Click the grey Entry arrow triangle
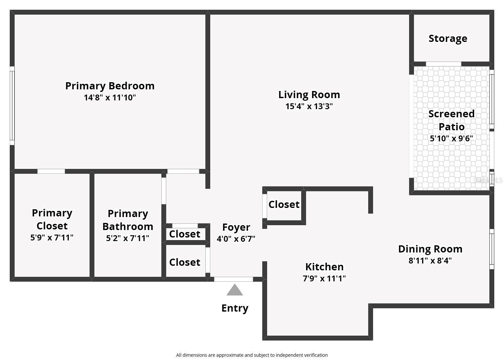234,290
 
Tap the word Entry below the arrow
235,308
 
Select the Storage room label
448,38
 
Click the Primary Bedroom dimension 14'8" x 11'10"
110,97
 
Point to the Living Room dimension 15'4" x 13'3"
309,106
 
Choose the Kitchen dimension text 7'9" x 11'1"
324,278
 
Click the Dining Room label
430,249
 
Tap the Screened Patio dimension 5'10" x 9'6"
451,138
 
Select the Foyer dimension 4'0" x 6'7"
236,239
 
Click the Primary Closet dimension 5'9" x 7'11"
52,238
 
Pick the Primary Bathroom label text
128,220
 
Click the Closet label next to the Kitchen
284,204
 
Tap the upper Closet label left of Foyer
185,234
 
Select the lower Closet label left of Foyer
185,262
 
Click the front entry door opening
233,279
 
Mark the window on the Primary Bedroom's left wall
12,106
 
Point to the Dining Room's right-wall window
492,249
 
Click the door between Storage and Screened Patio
443,64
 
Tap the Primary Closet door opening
51,171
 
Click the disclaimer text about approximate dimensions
252,355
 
